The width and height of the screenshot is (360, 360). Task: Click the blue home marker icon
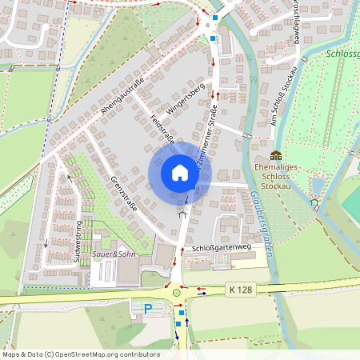pyautogui.click(x=180, y=172)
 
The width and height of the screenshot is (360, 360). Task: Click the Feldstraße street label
pyautogui.click(x=162, y=130)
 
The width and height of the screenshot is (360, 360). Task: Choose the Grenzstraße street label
pyautogui.click(x=123, y=194)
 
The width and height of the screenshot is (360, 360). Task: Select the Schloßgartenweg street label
pyautogui.click(x=222, y=249)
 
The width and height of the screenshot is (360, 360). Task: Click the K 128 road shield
pyautogui.click(x=238, y=288)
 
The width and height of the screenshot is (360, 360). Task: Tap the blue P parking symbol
pyautogui.click(x=147, y=308)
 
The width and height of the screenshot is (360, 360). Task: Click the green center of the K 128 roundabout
pyautogui.click(x=177, y=293)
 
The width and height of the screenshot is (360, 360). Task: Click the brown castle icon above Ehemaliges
pyautogui.click(x=276, y=155)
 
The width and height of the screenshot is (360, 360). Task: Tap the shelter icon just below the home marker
pyautogui.click(x=182, y=212)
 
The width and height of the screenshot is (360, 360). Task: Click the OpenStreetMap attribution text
pyautogui.click(x=80, y=354)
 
